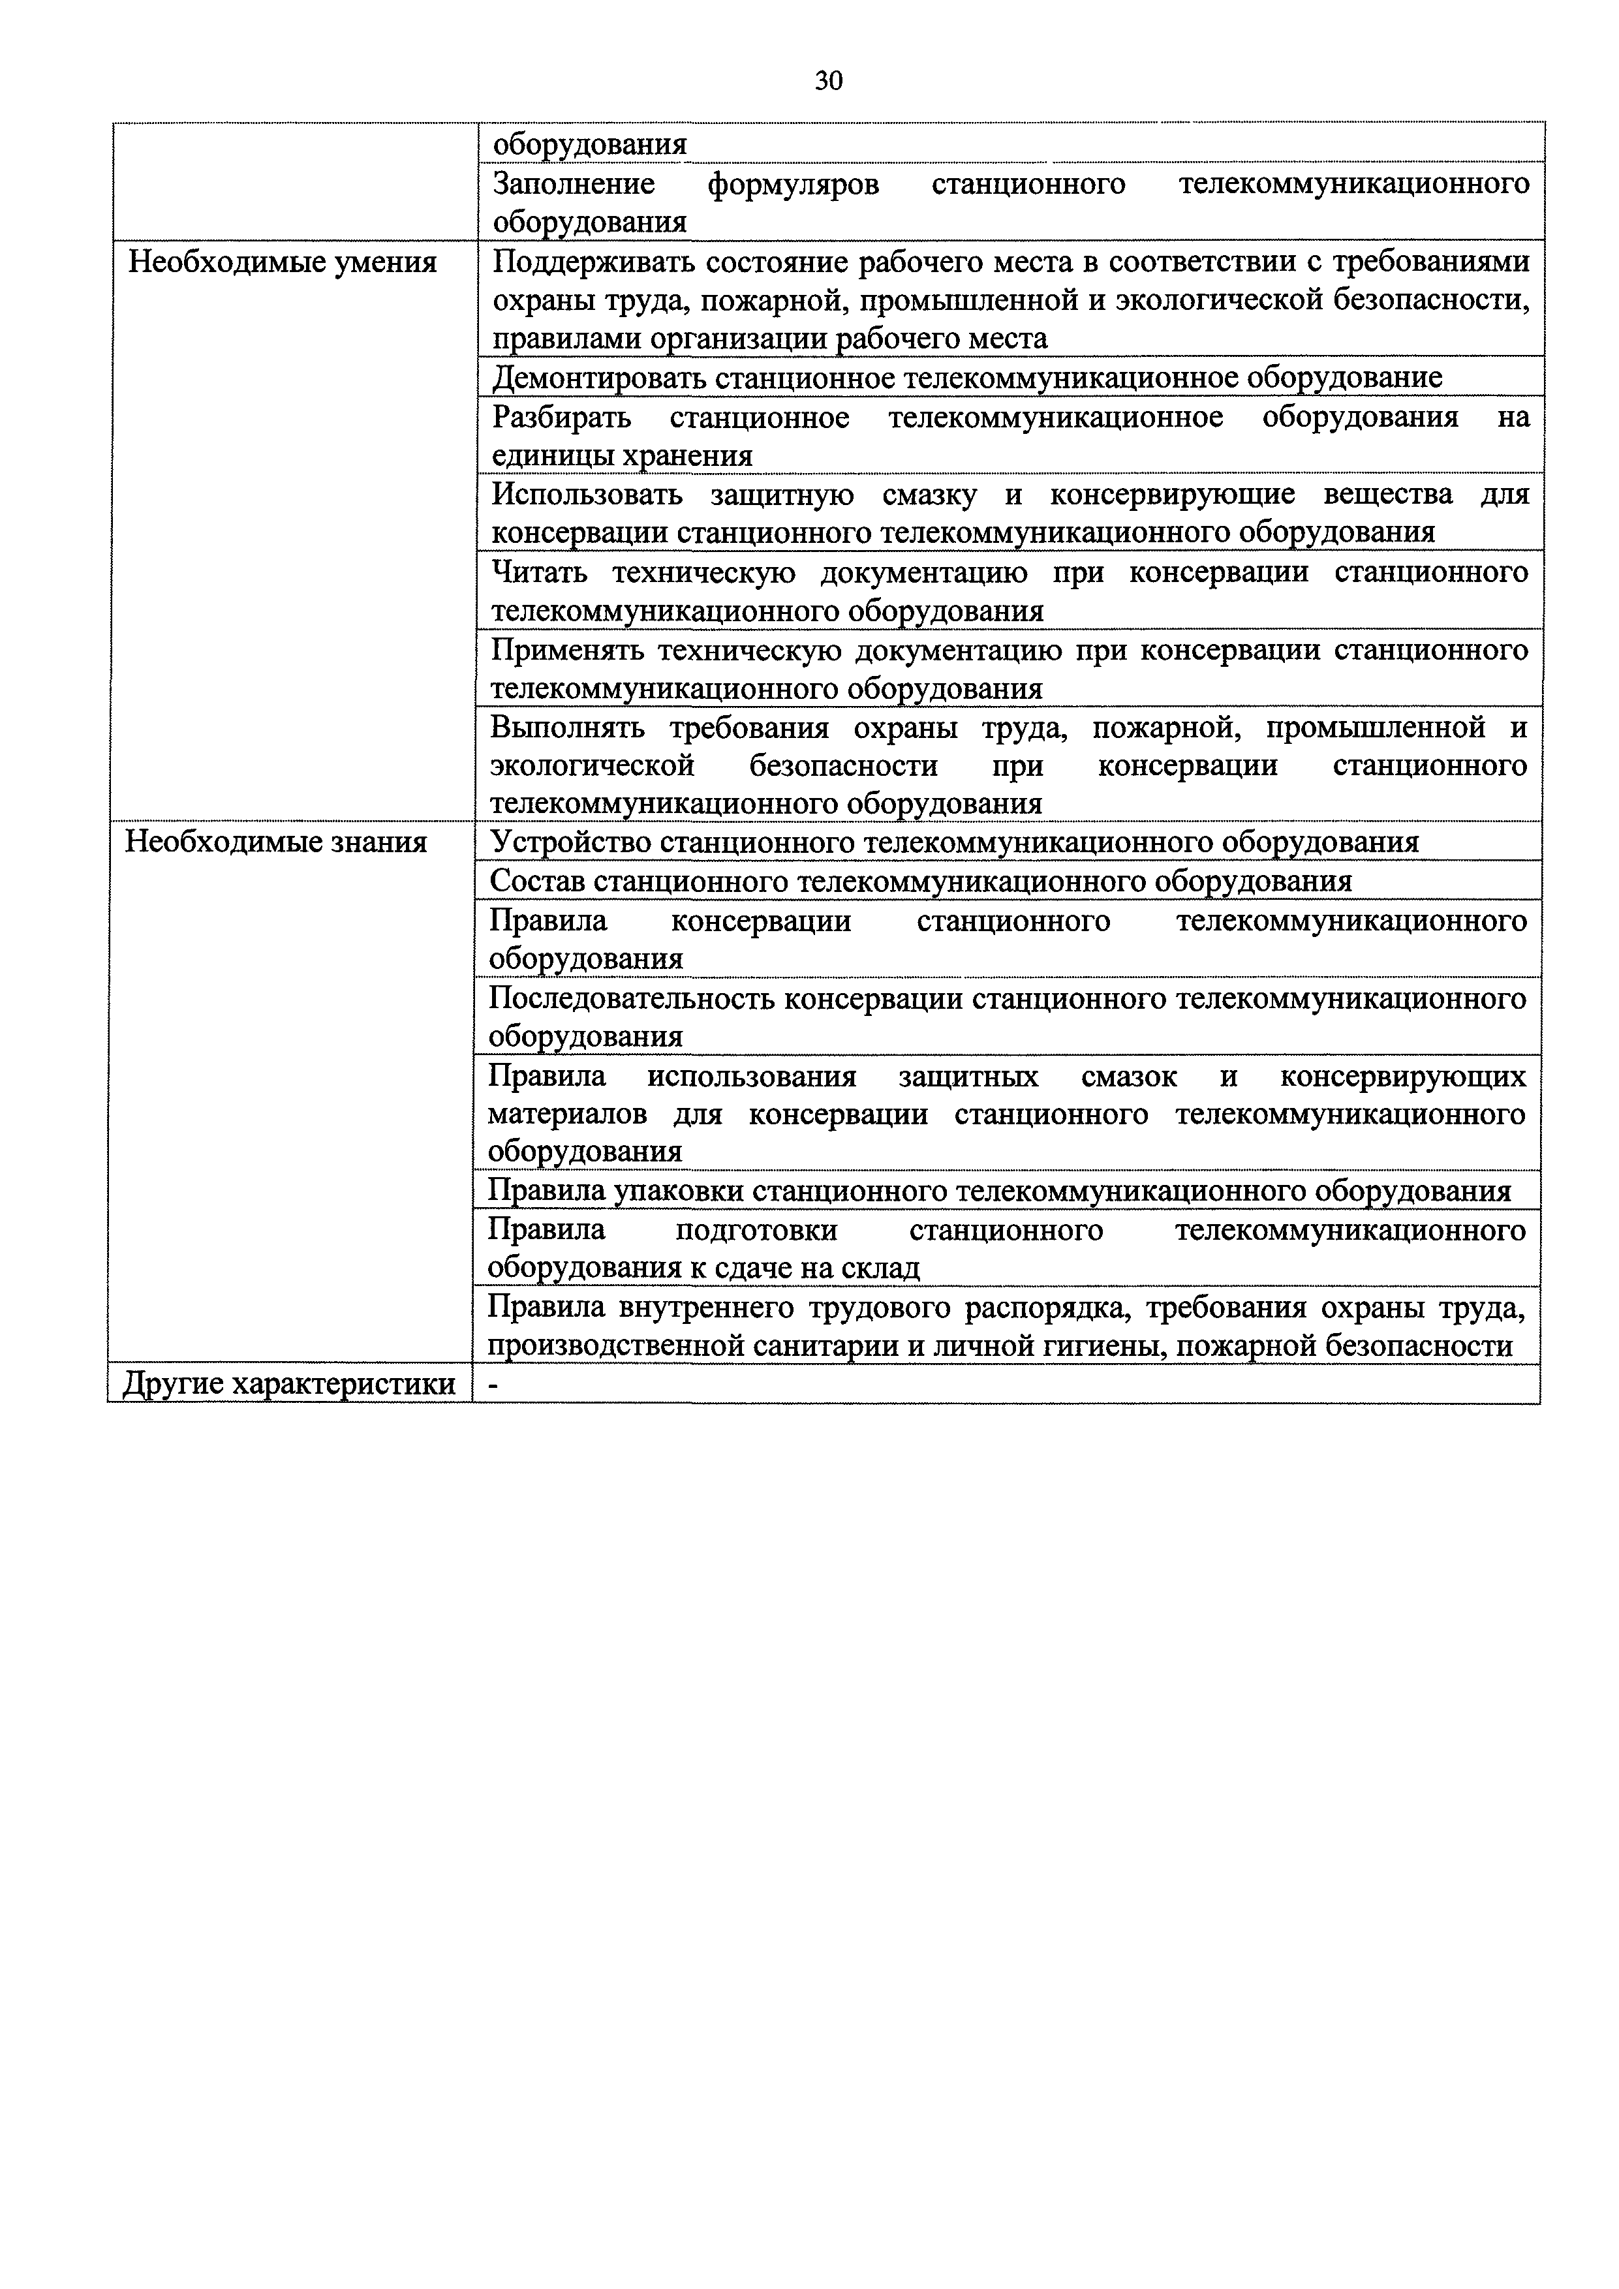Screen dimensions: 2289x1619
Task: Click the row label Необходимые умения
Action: tap(282, 262)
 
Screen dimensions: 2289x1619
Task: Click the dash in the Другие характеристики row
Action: tap(493, 1385)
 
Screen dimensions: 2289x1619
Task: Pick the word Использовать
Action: tap(587, 495)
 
